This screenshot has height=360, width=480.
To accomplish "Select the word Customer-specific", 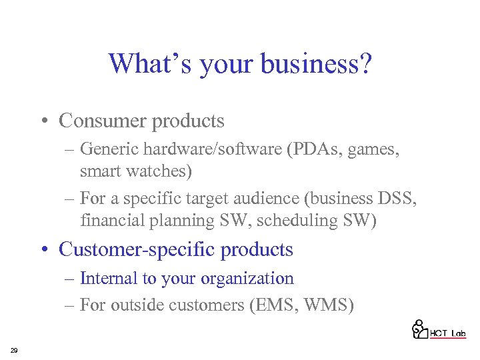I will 137,249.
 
